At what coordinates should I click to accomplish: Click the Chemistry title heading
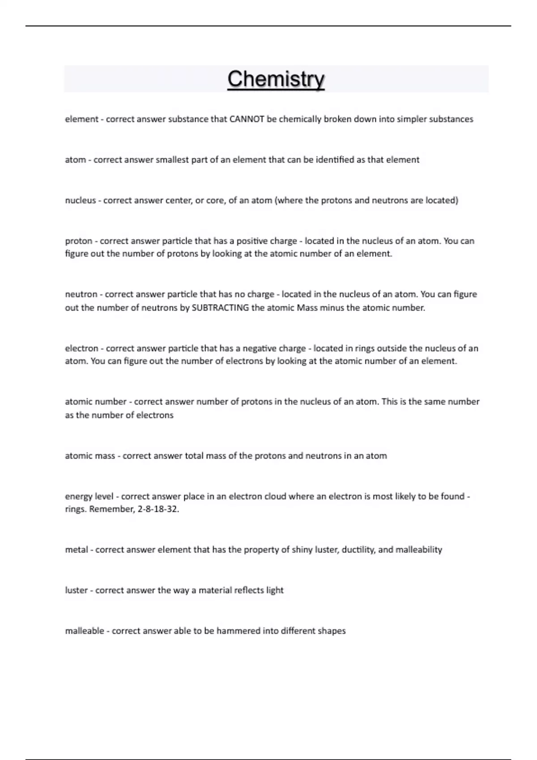tap(276, 79)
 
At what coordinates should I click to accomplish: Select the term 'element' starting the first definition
tap(81, 119)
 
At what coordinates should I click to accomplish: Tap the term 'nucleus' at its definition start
tap(81, 200)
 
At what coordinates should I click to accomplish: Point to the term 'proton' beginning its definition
tap(78, 241)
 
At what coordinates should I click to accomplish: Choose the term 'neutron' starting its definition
tap(81, 294)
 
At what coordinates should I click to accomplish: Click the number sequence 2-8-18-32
tap(158, 509)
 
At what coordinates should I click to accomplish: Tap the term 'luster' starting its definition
tap(77, 590)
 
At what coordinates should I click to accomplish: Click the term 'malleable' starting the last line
tap(85, 631)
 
